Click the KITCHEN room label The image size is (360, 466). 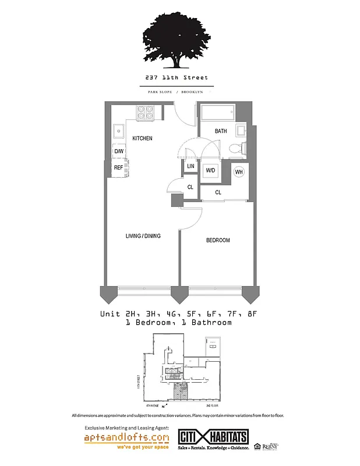tap(142, 138)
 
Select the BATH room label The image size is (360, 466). tap(221, 131)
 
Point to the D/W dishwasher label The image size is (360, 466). tap(119, 151)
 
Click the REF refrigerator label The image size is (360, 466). tap(118, 168)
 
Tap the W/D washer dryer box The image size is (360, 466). tap(210, 171)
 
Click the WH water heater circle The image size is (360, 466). tap(239, 172)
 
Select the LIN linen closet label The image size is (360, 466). tap(190, 167)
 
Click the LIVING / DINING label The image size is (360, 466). tap(143, 236)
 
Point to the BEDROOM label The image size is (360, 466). tap(218, 240)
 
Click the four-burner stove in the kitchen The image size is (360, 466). tap(145, 112)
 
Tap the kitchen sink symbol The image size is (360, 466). tap(119, 131)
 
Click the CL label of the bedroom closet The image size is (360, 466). tap(218, 192)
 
